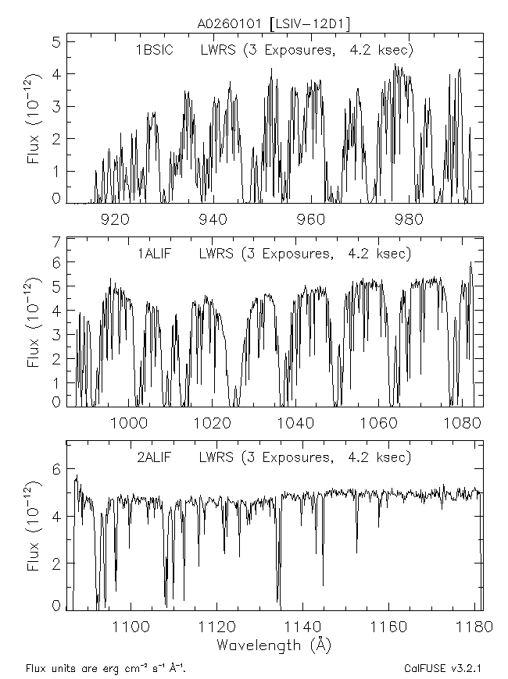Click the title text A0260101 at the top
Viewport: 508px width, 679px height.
(x=231, y=24)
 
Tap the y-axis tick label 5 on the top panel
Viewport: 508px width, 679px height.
(x=56, y=41)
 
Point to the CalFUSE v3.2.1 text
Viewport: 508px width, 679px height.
(x=442, y=669)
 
